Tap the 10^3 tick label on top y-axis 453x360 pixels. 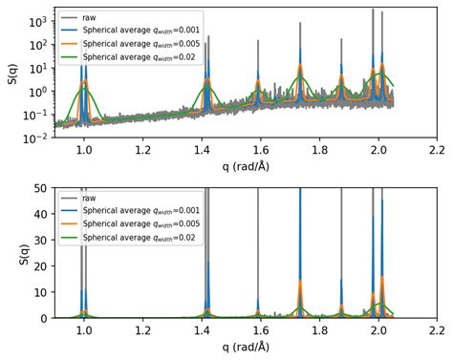37,21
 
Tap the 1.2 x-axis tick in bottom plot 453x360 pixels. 142,330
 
